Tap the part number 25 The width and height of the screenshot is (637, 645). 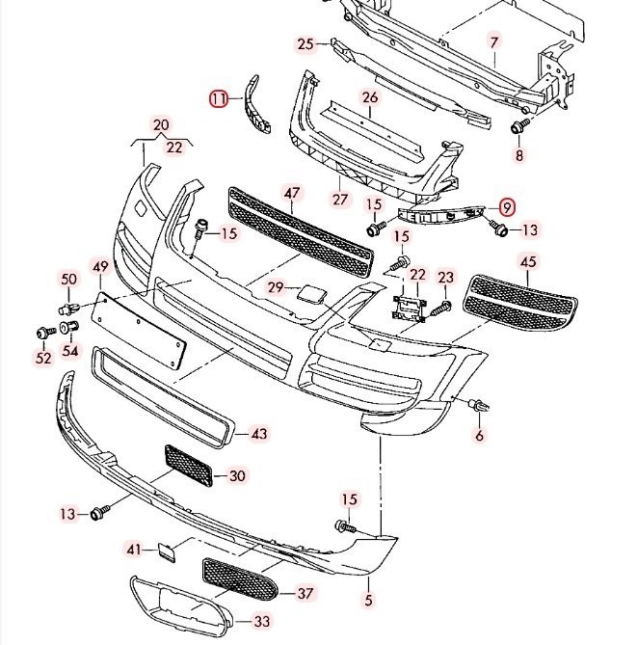pos(305,44)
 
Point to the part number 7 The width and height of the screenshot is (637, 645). pos(493,42)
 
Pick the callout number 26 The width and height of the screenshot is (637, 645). pos(371,96)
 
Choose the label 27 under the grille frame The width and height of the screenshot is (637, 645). pos(339,200)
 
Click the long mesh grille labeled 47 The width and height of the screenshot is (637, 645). pos(299,231)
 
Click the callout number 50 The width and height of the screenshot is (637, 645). pos(68,279)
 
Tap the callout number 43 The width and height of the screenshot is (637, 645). pos(258,434)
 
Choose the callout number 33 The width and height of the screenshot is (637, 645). pos(261,621)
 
